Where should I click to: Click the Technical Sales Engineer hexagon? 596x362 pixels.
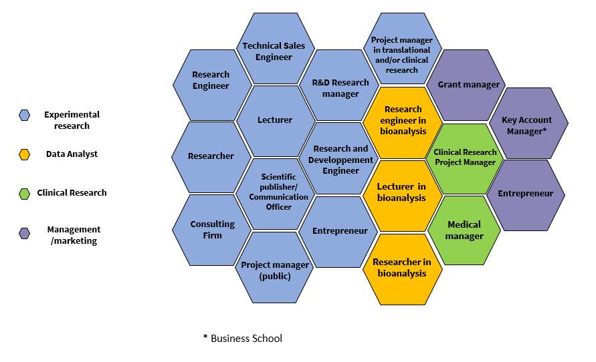274,51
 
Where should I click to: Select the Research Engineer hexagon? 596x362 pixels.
211,80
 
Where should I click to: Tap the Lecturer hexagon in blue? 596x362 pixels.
275,120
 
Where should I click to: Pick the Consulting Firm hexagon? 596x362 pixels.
212,230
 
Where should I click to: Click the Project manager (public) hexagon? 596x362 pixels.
275,270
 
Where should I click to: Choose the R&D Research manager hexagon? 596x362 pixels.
340,88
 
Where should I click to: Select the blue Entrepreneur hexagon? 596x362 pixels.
340,231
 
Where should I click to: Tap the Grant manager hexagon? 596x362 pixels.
468,85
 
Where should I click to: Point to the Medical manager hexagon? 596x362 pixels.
464,230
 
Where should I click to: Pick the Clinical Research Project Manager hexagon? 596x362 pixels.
465,158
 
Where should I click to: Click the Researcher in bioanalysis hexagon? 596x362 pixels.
402,268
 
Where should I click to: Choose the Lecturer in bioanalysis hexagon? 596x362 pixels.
402,192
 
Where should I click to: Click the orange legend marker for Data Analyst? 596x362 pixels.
25,154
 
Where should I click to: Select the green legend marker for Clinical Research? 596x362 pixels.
25,194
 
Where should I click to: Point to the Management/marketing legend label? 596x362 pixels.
74,235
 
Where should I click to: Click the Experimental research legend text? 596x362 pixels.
72,120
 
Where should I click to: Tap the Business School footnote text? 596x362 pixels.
243,339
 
